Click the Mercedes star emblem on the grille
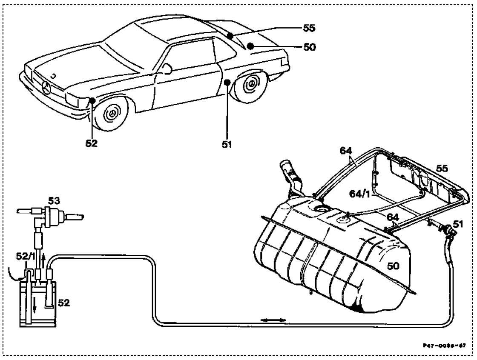(46, 89)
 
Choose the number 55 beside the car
(310, 28)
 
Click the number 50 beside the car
(310, 47)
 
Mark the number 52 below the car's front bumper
(91, 143)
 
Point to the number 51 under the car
(227, 144)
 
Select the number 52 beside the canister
(63, 303)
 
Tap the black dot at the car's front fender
(92, 100)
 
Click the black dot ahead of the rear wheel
(227, 81)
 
